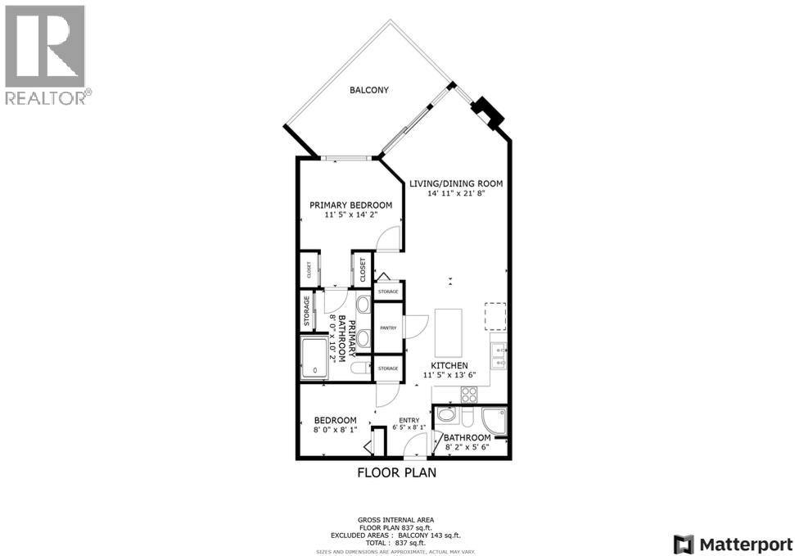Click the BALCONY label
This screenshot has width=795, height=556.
click(x=369, y=90)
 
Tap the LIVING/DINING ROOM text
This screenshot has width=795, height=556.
click(x=464, y=183)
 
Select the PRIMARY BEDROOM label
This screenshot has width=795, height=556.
click(x=350, y=205)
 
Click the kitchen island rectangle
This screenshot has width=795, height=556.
click(x=449, y=328)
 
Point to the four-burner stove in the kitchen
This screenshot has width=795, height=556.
click(x=470, y=394)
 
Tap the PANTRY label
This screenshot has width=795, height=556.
click(x=388, y=328)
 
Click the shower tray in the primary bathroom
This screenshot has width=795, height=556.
click(x=315, y=358)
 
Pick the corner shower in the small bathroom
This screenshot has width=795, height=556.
click(x=495, y=420)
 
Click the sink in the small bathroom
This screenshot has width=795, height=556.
click(x=446, y=415)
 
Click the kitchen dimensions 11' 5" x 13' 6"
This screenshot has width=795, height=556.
click(x=449, y=375)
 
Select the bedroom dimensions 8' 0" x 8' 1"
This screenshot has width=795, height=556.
click(x=334, y=428)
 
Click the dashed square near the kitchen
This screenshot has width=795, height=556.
click(x=495, y=314)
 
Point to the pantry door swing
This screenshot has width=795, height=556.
click(x=413, y=326)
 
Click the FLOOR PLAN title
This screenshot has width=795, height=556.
click(x=396, y=472)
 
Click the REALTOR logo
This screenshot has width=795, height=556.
click(x=47, y=55)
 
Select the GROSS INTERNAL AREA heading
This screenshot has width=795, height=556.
click(x=396, y=520)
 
